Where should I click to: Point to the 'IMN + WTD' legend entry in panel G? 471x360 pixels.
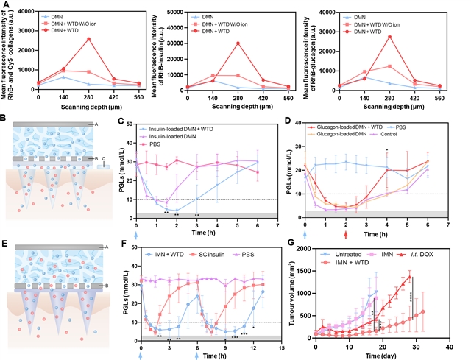coord(353,261)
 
